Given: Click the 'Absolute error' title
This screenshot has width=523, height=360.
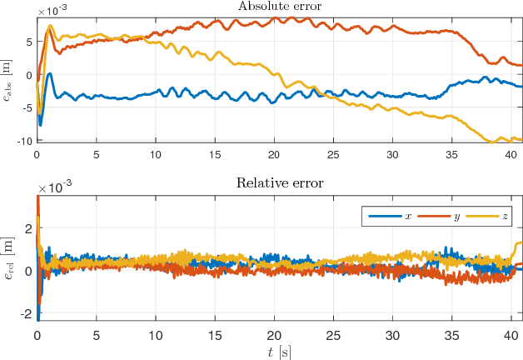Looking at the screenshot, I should (x=279, y=7).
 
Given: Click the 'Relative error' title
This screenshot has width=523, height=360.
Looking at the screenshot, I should (x=279, y=183).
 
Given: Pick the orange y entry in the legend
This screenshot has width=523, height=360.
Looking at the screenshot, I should (x=438, y=216).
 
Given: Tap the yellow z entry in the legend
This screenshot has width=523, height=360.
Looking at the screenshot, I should (x=488, y=216).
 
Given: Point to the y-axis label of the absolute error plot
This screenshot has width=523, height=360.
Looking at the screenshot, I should (x=8, y=79).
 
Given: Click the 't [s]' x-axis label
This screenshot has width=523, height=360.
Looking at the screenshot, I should (x=279, y=352).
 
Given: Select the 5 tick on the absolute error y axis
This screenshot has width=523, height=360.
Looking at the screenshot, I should (x=27, y=41).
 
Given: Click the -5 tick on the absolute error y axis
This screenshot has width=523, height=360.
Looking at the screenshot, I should (x=25, y=107).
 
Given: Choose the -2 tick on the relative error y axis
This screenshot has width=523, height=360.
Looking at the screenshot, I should (x=25, y=313).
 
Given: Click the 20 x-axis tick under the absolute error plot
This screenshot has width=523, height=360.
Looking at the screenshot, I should (x=274, y=155).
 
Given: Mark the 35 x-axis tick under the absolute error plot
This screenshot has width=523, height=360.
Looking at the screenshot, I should (x=451, y=155).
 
